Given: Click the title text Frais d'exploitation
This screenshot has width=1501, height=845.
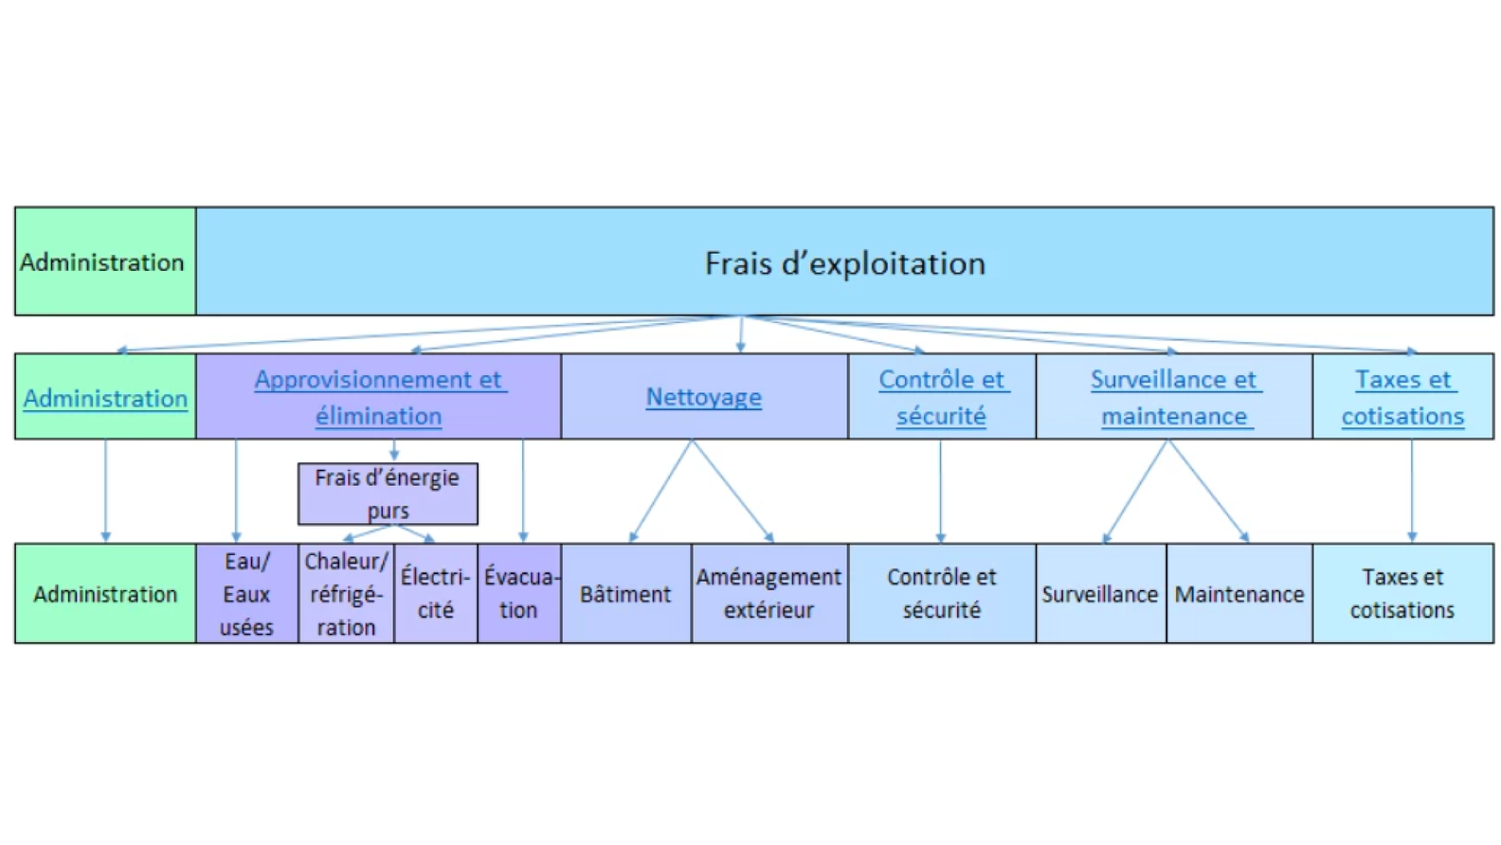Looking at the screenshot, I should point(844,263).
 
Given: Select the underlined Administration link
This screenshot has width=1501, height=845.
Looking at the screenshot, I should point(105,399).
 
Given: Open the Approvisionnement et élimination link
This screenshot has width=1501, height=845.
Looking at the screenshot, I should point(379,397).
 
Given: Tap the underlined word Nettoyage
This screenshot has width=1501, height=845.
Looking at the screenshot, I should point(703,397).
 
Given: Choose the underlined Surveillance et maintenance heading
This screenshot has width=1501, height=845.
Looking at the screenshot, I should point(1173,397).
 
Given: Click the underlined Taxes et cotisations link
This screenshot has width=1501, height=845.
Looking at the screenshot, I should point(1402,397).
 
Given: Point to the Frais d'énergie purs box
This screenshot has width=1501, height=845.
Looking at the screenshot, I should point(388,494).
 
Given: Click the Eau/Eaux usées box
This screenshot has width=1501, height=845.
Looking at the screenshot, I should point(246,594).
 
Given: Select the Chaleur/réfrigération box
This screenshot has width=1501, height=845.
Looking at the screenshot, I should point(346,594).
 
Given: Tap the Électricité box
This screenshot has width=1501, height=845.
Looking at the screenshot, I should point(436,594).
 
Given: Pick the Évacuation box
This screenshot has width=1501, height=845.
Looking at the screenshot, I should point(519,594).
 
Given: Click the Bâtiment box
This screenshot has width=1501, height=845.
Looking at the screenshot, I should point(625,594).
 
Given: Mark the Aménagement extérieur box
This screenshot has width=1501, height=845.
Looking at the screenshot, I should point(769,594).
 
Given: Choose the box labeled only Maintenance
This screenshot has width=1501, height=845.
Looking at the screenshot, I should point(1239,594).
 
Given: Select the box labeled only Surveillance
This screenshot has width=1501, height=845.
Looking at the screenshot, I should point(1100,594).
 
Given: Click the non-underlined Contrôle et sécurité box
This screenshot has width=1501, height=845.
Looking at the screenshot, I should point(941,594).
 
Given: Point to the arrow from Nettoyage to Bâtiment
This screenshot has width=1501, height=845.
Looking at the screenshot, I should point(661,491).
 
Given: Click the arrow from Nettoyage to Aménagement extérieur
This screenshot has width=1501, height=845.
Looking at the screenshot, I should point(732,491).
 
